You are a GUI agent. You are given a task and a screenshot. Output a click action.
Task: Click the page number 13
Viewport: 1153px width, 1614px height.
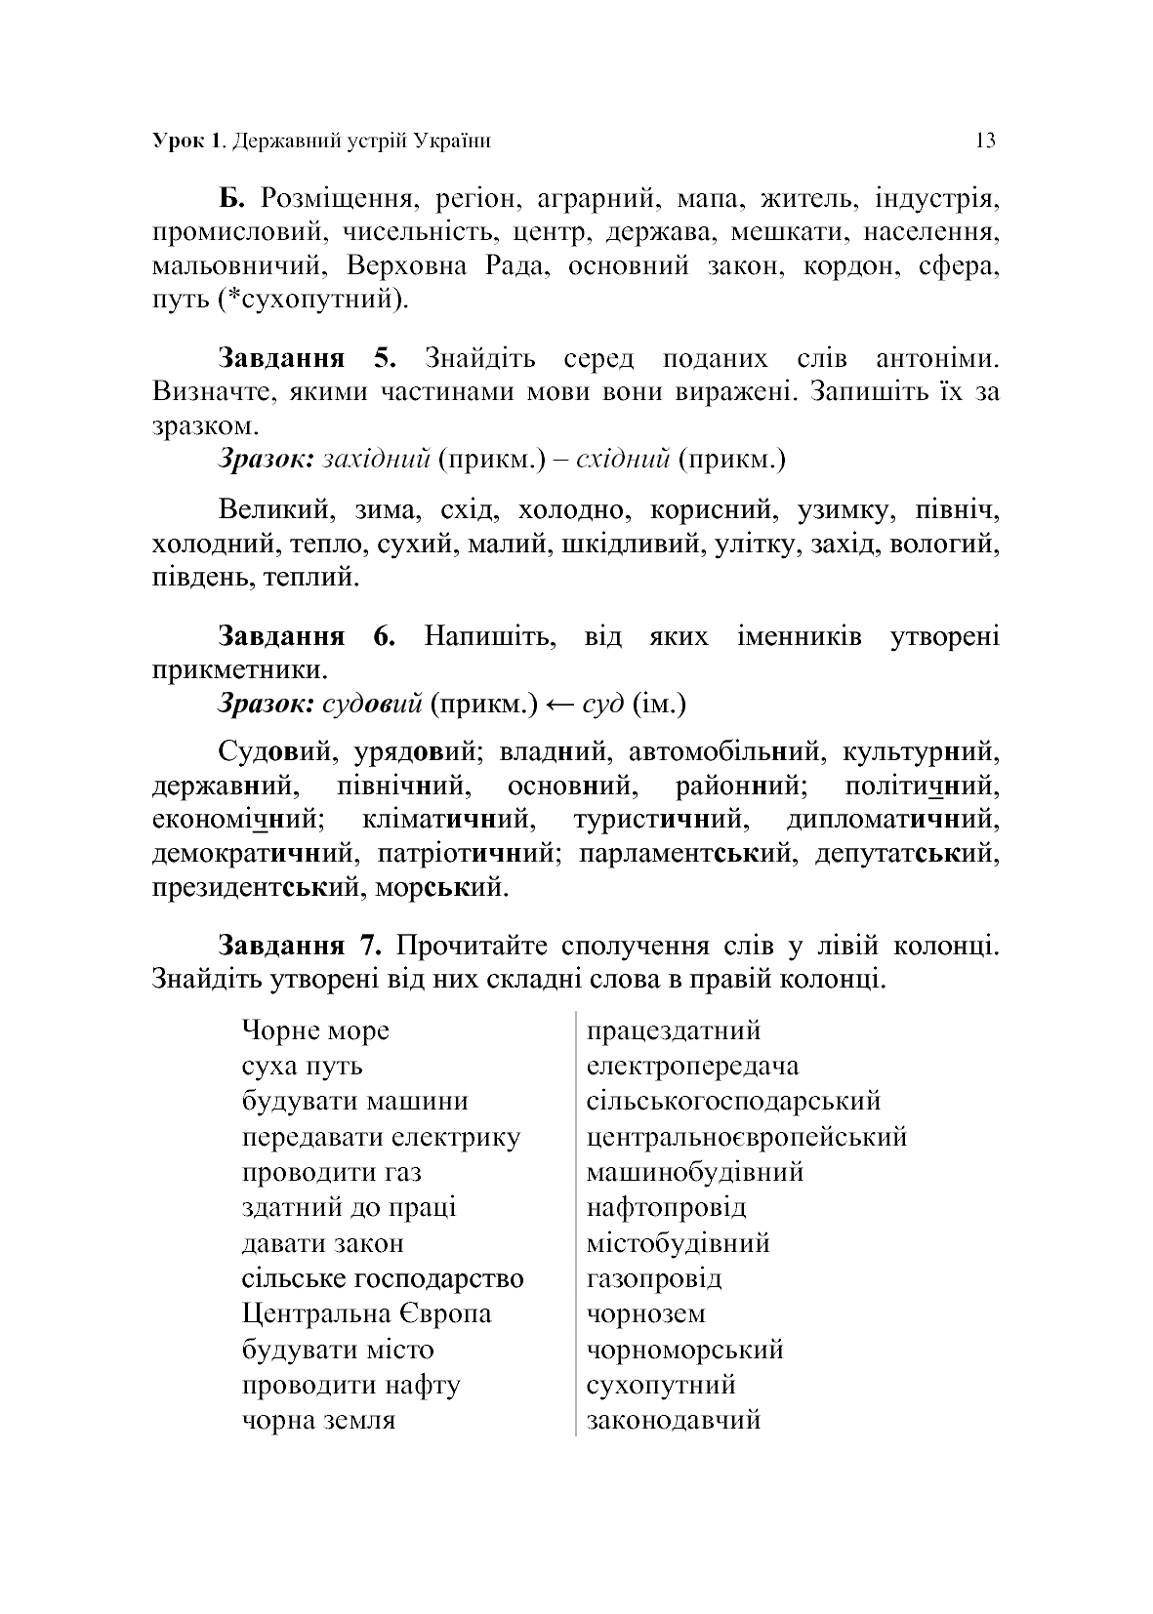(985, 141)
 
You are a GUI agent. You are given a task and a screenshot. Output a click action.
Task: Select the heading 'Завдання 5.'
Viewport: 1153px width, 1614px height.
(307, 358)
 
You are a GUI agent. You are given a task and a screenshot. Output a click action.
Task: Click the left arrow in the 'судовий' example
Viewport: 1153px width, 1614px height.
(559, 703)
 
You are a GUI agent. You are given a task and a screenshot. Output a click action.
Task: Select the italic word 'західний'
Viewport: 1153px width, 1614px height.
(376, 459)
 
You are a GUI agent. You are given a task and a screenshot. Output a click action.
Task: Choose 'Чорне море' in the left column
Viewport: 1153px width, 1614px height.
(315, 1030)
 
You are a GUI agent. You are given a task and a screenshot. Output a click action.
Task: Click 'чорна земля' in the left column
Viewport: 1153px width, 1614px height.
(318, 1420)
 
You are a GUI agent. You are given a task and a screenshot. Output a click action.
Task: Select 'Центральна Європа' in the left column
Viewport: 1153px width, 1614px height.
(366, 1313)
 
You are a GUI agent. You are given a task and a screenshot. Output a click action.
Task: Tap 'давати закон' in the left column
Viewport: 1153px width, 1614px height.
(322, 1243)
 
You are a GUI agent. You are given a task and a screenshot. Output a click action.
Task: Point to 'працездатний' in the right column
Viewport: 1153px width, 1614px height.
(674, 1030)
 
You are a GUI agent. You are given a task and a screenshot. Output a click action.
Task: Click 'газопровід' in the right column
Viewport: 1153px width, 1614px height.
(654, 1278)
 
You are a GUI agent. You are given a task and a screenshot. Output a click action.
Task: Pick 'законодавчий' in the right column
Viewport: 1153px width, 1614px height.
(674, 1420)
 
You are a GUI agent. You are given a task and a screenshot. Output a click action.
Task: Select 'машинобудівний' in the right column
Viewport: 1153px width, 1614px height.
(695, 1172)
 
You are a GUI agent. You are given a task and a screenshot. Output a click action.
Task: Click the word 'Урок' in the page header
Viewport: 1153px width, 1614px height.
(177, 141)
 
